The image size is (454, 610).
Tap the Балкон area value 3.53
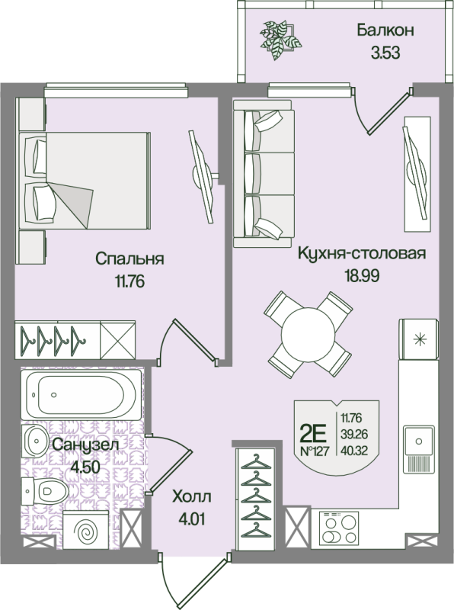pos(385,53)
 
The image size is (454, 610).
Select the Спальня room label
pos(130,258)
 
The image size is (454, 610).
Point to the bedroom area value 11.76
pos(130,281)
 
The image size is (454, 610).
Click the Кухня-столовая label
pos(361,253)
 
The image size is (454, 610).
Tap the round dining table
pos(308,333)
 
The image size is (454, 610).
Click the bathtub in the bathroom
pos(80,394)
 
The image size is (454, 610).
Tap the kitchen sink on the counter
pos(418,441)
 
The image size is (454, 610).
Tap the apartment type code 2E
pos(313,433)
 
